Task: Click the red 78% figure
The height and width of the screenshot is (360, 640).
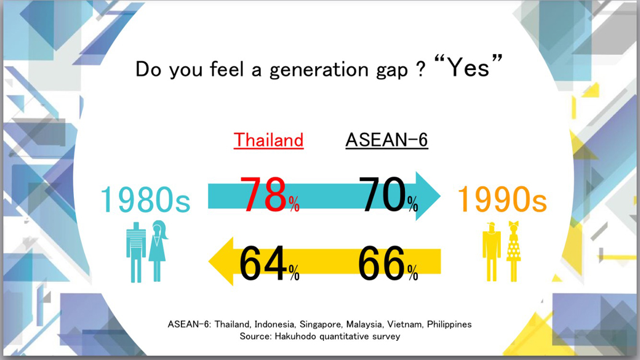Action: pyautogui.click(x=270, y=195)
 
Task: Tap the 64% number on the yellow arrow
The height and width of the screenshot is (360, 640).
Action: pyautogui.click(x=269, y=263)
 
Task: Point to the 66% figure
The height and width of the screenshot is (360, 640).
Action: pyautogui.click(x=388, y=263)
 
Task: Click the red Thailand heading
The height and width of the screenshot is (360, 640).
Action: pyautogui.click(x=268, y=140)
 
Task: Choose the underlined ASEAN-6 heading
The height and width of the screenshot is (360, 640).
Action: pyautogui.click(x=386, y=140)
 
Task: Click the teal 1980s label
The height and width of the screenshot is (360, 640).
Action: pyautogui.click(x=145, y=200)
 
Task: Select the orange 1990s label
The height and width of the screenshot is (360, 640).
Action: pyautogui.click(x=502, y=200)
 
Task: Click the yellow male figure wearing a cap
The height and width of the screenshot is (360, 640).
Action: pyautogui.click(x=491, y=252)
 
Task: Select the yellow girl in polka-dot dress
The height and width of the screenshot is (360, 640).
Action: pyautogui.click(x=513, y=251)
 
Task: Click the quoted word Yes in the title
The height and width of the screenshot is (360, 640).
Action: pyautogui.click(x=468, y=66)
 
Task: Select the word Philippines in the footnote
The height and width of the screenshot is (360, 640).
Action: pyautogui.click(x=449, y=324)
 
